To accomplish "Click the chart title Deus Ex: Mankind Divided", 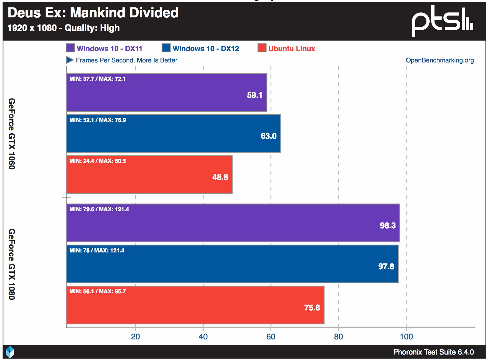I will tap(93, 13).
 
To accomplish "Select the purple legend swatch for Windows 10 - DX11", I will tap(70, 48).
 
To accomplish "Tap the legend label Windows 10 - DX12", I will tap(206, 49).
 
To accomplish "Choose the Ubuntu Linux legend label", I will tap(292, 49).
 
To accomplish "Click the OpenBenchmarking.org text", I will tap(440, 60).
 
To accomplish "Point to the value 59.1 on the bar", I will tap(255, 95).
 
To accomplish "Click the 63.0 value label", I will tap(268, 136).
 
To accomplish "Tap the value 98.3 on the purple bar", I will tap(388, 225).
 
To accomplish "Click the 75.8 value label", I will tap(312, 308).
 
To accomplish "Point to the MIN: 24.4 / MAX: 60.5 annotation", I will tap(98, 161).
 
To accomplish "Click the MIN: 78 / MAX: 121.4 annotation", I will tap(97, 251).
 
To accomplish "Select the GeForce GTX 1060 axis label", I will tap(12, 134).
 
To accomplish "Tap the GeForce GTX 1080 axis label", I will tap(12, 264).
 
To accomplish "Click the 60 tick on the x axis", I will tap(271, 337).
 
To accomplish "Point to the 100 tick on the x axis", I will tap(406, 337).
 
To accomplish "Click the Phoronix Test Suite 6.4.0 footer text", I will tap(434, 352).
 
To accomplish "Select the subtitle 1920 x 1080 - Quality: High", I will tap(63, 28).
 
